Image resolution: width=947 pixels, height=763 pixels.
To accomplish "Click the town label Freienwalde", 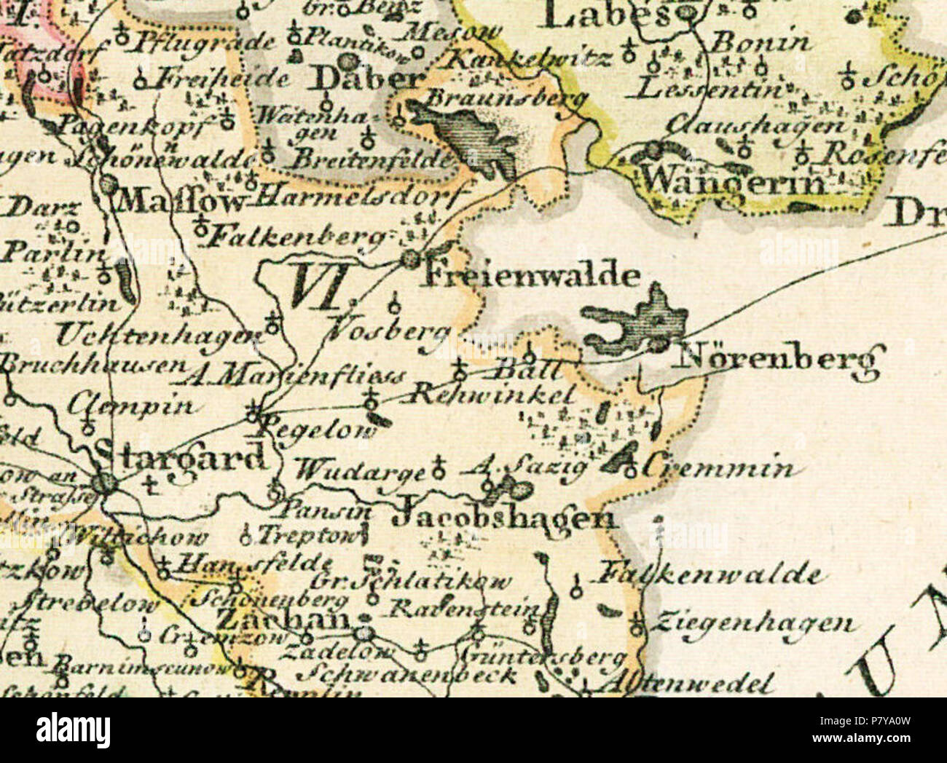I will [532, 276].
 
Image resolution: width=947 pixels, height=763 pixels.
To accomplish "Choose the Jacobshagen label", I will [503, 518].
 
